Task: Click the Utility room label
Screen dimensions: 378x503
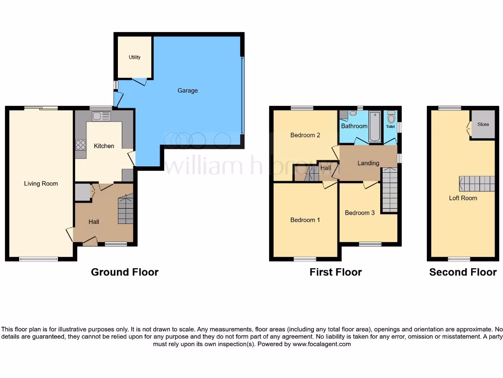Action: [135, 57]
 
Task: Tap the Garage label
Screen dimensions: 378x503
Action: [188, 91]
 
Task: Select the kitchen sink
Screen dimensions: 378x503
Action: [97, 116]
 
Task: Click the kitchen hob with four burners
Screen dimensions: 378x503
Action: [80, 145]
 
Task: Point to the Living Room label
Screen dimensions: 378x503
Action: [41, 184]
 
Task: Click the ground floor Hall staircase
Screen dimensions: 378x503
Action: [125, 209]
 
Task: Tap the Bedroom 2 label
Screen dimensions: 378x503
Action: [305, 135]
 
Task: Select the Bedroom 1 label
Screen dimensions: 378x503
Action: [305, 220]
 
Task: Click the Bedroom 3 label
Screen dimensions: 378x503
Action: [360, 213]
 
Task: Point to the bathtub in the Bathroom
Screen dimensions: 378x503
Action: [375, 126]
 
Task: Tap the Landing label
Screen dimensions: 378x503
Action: [368, 163]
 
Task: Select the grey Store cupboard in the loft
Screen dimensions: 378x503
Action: [483, 124]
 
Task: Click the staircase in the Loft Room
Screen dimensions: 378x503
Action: [477, 184]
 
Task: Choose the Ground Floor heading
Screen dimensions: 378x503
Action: [125, 272]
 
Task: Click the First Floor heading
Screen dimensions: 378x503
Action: [335, 272]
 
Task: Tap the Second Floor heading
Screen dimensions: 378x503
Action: [463, 272]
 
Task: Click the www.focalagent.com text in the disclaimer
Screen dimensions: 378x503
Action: [322, 344]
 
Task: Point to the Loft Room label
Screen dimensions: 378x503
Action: [463, 198]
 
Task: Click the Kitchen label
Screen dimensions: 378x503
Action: [104, 146]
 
